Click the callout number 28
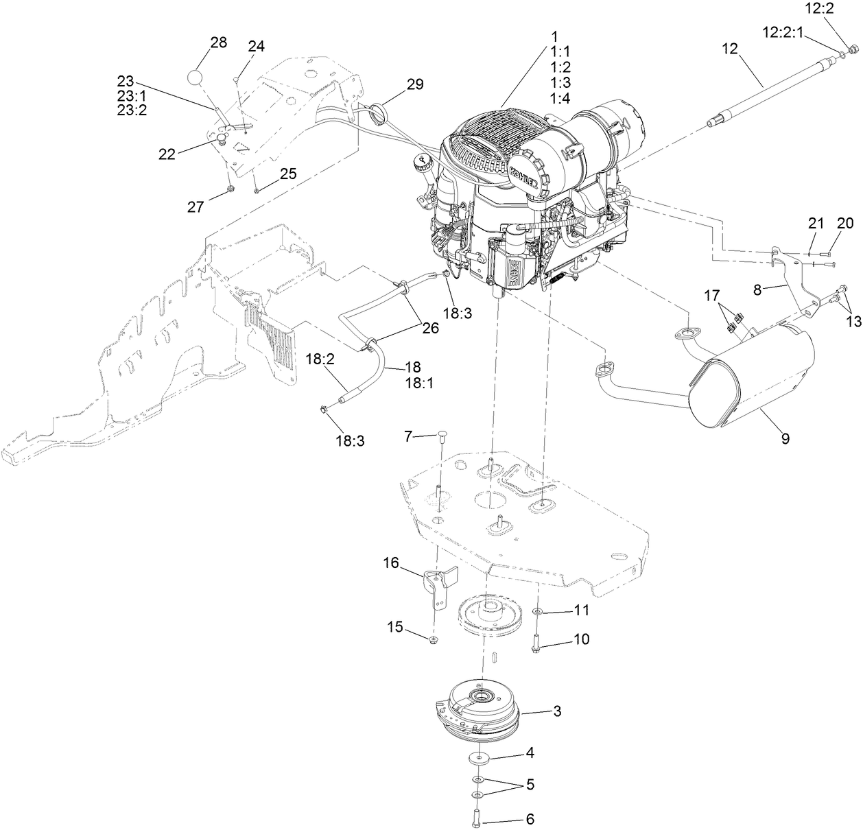(218, 43)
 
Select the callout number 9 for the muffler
(785, 437)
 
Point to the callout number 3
(557, 711)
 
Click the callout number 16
(390, 563)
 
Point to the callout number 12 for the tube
(729, 48)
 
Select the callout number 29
(415, 84)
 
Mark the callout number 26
(429, 328)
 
